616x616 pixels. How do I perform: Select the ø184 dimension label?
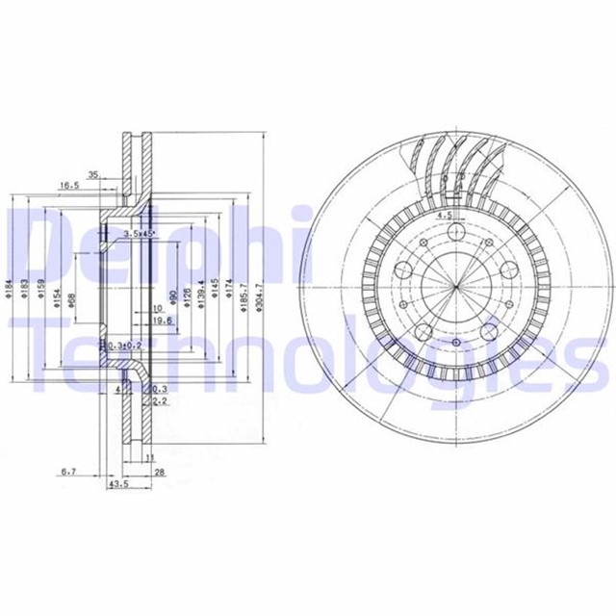[9, 287]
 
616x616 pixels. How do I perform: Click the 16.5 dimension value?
[68, 186]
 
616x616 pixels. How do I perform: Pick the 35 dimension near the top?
[93, 175]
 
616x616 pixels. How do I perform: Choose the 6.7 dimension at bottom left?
[68, 472]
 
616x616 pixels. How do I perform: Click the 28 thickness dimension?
[161, 472]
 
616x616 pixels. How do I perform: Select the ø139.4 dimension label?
[200, 291]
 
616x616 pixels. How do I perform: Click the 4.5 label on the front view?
[445, 216]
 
